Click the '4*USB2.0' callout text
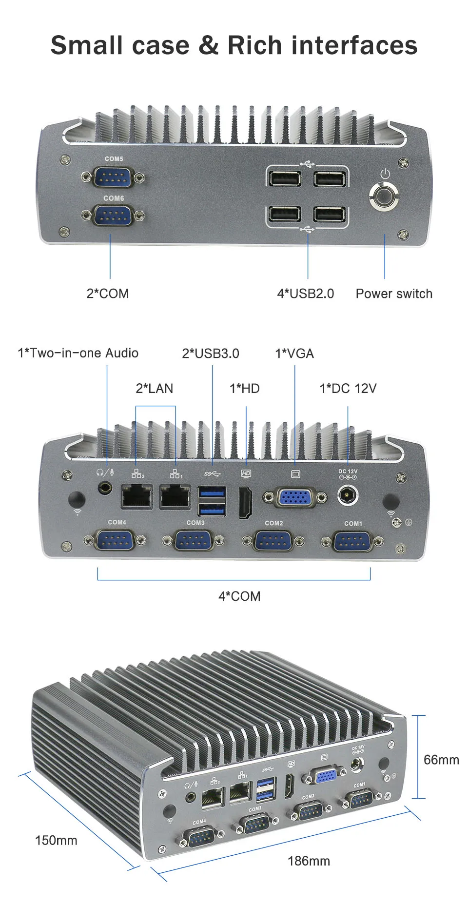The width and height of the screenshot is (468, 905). (306, 294)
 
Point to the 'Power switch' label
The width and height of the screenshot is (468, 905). (394, 294)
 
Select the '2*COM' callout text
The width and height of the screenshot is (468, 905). (108, 294)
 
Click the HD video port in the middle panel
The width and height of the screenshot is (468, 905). (246, 503)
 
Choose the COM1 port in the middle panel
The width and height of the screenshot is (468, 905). (352, 541)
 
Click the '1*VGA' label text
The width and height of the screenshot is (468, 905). (294, 354)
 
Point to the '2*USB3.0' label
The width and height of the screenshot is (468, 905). (211, 354)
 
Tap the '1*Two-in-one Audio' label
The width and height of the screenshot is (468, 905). (78, 353)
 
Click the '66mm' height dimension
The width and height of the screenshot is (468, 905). (441, 760)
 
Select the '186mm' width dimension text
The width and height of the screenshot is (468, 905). (309, 861)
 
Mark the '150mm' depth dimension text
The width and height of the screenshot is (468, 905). (56, 840)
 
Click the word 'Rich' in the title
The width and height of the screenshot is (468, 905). (255, 45)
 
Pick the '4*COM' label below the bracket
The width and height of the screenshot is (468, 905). (239, 596)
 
